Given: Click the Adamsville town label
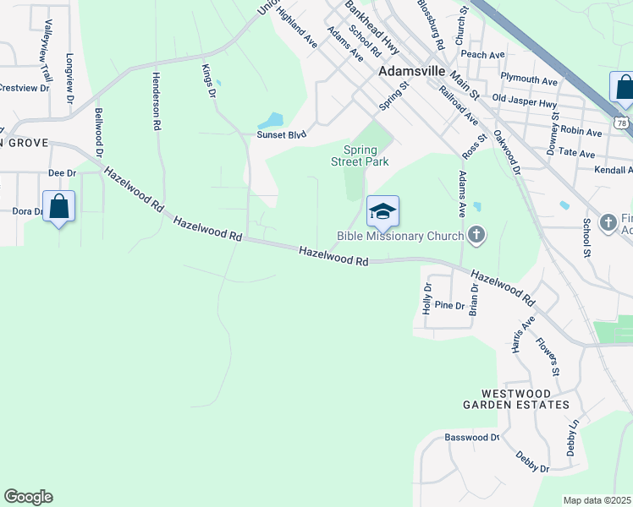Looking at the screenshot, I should pos(412,72).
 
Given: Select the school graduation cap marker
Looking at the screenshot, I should pos(383,212).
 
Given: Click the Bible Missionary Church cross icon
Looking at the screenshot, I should pos(477,236).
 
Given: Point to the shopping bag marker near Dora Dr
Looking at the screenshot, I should pos(58,206).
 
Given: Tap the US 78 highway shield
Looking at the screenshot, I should pos(621,123).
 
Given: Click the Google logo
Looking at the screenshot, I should pos(28,497).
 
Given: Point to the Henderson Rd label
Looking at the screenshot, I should pos(156,101).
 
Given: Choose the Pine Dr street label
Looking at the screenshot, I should pos(450,305).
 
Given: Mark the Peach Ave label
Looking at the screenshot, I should pos(483,54).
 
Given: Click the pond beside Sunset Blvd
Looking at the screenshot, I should pos(274,121).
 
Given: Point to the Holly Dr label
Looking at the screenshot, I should pos(427,299).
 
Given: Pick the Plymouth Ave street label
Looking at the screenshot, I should pos(529,80).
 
